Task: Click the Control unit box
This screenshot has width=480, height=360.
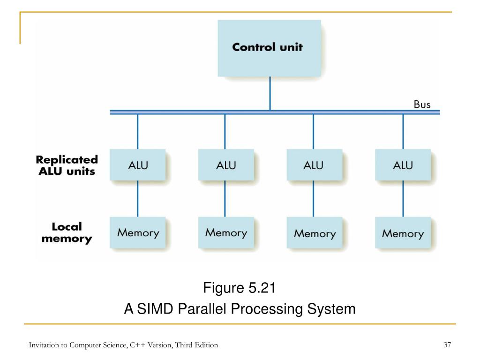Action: (x=270, y=48)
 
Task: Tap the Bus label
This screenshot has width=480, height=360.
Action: (x=422, y=105)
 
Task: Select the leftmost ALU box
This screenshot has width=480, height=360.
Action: (x=138, y=165)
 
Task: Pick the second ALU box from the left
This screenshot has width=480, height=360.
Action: (x=226, y=165)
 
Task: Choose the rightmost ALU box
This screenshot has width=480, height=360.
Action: (x=403, y=165)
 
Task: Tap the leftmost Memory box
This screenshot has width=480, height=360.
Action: (x=138, y=232)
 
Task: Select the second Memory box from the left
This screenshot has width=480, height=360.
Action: (x=226, y=232)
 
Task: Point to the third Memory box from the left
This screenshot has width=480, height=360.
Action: (x=315, y=232)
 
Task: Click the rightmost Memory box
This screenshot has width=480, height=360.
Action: (x=403, y=232)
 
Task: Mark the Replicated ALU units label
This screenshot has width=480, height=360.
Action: (x=67, y=165)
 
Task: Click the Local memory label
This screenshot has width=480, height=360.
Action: (x=67, y=232)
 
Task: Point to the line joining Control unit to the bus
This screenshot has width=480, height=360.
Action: (x=270, y=93)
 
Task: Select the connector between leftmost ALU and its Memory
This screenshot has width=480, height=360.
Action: (x=137, y=199)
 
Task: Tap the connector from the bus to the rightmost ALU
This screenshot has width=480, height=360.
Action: (x=403, y=132)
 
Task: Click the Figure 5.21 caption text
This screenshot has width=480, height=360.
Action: (x=240, y=288)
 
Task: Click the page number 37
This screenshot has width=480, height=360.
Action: (x=447, y=345)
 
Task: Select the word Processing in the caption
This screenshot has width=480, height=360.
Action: (x=267, y=309)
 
